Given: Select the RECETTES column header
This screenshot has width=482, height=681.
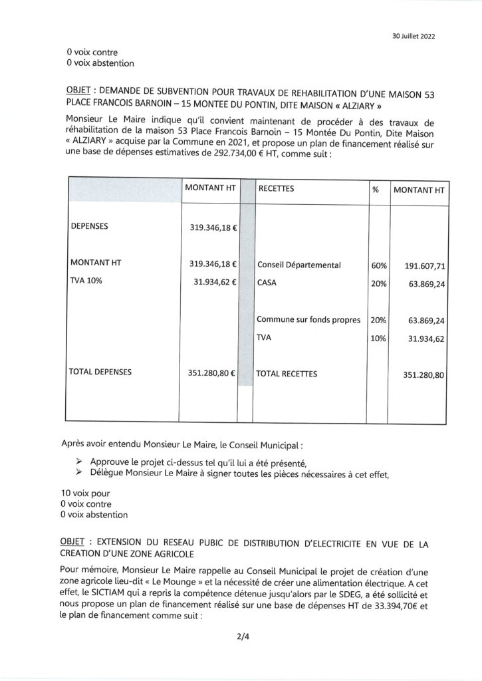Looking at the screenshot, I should (x=276, y=189).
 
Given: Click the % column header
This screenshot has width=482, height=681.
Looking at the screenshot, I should (x=376, y=190).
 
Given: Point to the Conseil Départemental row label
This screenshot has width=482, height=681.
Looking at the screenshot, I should (x=299, y=265).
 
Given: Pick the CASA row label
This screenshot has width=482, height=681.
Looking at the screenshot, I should (x=267, y=283).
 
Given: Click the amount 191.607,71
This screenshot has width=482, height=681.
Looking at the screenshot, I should (x=425, y=266).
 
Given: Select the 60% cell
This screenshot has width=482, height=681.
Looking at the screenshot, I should (x=379, y=265).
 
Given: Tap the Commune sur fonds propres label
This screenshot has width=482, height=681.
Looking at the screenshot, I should (x=308, y=320).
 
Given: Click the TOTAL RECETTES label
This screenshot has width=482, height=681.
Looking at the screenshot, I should (x=287, y=374).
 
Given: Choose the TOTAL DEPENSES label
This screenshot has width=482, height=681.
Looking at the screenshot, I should (x=100, y=372).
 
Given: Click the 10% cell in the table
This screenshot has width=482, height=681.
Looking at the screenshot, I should (x=379, y=339).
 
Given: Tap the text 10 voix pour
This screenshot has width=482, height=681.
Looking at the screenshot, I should (x=85, y=493).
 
